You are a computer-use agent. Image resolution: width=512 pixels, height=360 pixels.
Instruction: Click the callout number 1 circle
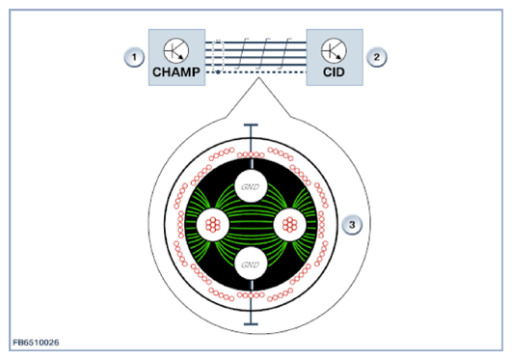coord(134,57)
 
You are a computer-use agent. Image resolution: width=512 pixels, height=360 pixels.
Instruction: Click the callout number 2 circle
coord(376,57)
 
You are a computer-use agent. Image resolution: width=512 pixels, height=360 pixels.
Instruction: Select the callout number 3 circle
coord(352,225)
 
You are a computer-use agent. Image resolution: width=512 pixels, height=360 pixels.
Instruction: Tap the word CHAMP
coord(176,72)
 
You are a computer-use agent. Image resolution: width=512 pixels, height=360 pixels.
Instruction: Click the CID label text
coord(334,72)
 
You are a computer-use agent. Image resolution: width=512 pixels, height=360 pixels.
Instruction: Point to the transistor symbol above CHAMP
coord(176,51)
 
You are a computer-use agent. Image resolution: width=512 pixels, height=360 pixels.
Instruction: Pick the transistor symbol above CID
coord(334,51)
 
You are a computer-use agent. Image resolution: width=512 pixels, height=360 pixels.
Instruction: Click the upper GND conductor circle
coord(251,186)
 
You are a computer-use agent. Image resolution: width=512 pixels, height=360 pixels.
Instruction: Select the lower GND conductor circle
coord(251,263)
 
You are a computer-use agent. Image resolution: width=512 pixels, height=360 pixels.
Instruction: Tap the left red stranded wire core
coord(213,225)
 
